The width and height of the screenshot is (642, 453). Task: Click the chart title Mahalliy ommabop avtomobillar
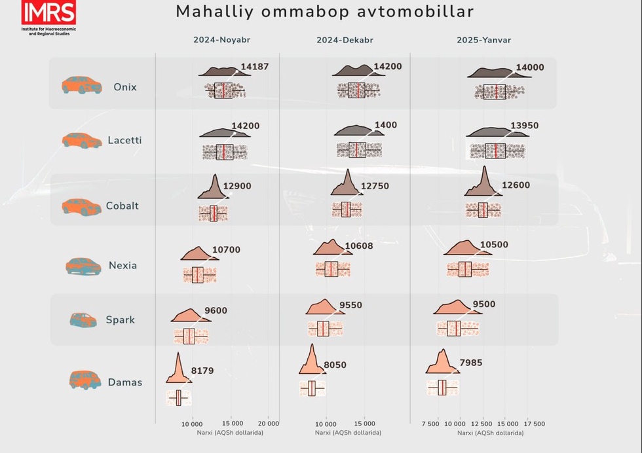tap(324, 12)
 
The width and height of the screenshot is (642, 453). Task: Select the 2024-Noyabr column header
tap(221, 40)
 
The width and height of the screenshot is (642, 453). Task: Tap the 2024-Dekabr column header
tap(345, 40)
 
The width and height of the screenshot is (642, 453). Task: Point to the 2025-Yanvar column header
tap(483, 40)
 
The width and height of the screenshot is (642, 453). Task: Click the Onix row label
tap(125, 86)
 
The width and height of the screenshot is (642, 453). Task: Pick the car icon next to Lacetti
tap(83, 140)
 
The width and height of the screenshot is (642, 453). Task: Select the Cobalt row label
tap(123, 206)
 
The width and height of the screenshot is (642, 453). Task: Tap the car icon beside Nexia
tap(84, 266)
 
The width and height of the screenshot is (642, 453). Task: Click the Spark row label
tap(121, 320)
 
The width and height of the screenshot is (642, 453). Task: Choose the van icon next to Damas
tap(84, 380)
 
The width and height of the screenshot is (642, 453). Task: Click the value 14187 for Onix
tap(255, 67)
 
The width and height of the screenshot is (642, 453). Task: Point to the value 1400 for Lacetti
tap(386, 125)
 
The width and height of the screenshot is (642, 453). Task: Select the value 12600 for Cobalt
tap(516, 185)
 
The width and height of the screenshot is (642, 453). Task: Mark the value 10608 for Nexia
tap(359, 245)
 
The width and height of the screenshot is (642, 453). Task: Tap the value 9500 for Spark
tap(484, 304)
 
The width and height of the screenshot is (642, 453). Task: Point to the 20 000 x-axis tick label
tap(269, 424)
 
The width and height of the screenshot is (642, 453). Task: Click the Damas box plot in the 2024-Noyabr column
tap(178, 398)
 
